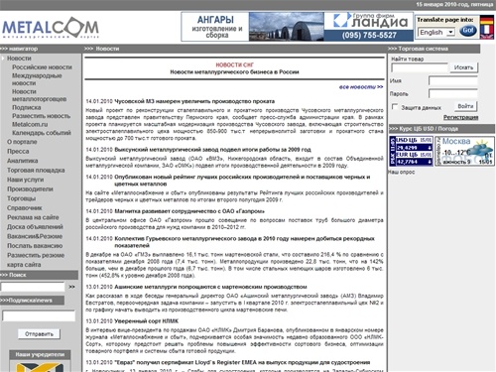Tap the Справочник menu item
pos(27,207)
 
